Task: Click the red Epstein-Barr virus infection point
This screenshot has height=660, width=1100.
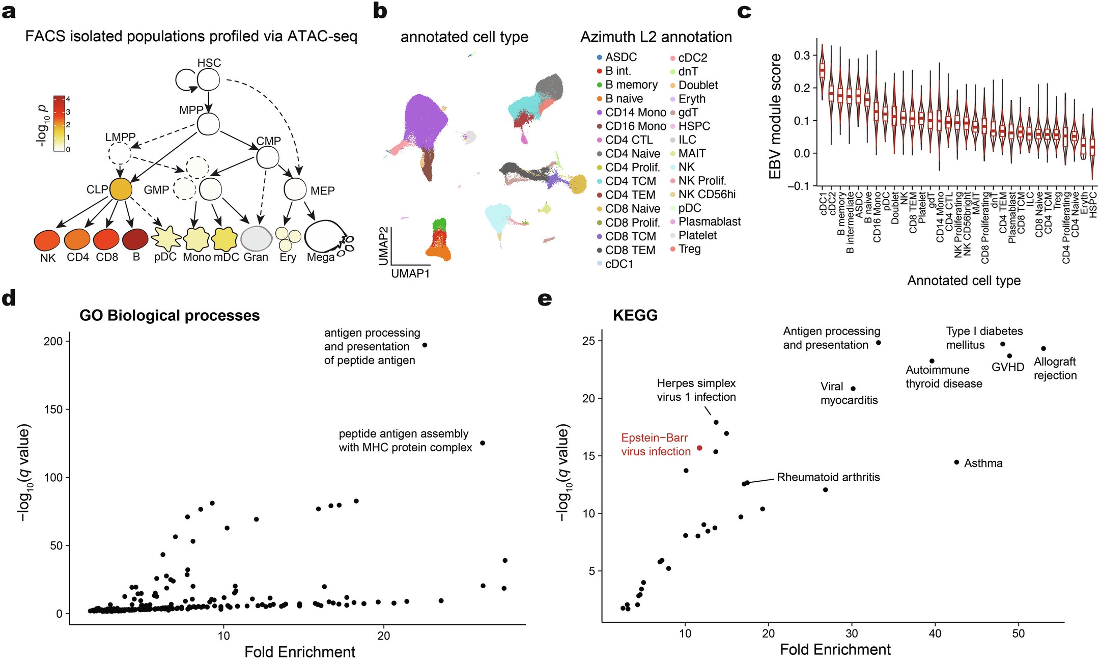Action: (x=699, y=448)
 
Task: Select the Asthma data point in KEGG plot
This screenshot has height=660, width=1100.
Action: (x=956, y=462)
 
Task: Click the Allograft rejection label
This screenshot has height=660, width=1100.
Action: (x=1055, y=369)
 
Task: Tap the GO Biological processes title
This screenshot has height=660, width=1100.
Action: (x=170, y=316)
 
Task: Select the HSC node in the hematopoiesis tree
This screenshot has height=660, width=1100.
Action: (x=208, y=80)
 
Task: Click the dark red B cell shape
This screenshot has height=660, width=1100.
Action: (x=135, y=238)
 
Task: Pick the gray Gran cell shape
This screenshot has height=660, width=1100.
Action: (x=256, y=238)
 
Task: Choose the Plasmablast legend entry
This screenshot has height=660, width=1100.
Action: (x=709, y=222)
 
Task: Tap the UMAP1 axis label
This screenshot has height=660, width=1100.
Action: (x=410, y=273)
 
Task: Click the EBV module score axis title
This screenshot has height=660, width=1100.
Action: (x=775, y=116)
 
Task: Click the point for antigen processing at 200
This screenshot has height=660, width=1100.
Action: (x=425, y=345)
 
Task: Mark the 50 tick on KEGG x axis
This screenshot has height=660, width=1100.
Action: (x=1018, y=634)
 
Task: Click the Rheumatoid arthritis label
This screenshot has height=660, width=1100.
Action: (x=828, y=477)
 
